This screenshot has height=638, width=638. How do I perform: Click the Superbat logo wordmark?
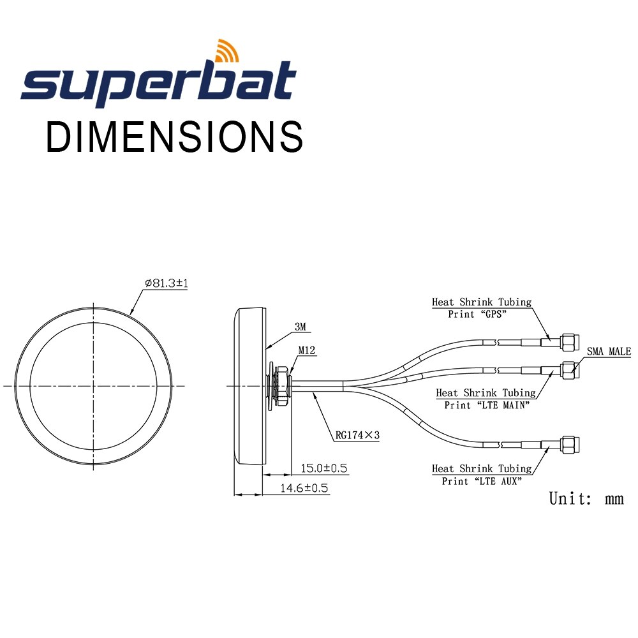[158, 83]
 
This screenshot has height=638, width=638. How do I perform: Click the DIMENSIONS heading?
[174, 136]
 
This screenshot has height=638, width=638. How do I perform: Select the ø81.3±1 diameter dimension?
[166, 283]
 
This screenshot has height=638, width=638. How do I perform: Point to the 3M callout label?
[300, 327]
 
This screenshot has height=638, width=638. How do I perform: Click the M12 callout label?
[307, 350]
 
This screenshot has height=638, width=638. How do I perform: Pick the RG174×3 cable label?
[357, 436]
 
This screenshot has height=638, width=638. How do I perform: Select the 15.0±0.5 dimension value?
[323, 468]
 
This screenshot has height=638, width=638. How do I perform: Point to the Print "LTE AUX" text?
[481, 481]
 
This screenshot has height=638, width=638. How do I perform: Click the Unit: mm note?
[586, 498]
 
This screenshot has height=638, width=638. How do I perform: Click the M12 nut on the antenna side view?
[281, 385]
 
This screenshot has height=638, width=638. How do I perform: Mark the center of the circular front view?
[94, 385]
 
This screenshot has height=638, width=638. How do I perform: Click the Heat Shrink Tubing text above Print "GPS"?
[481, 302]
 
